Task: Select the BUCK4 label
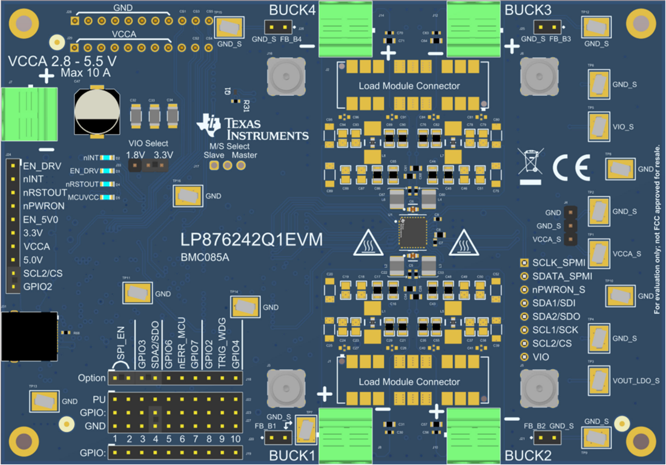coord(292,10)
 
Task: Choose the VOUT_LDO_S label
coord(635,381)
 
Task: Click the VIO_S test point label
coord(623,127)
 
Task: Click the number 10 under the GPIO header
coord(235,438)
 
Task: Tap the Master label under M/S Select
coord(244,155)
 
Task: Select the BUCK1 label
coord(292,456)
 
